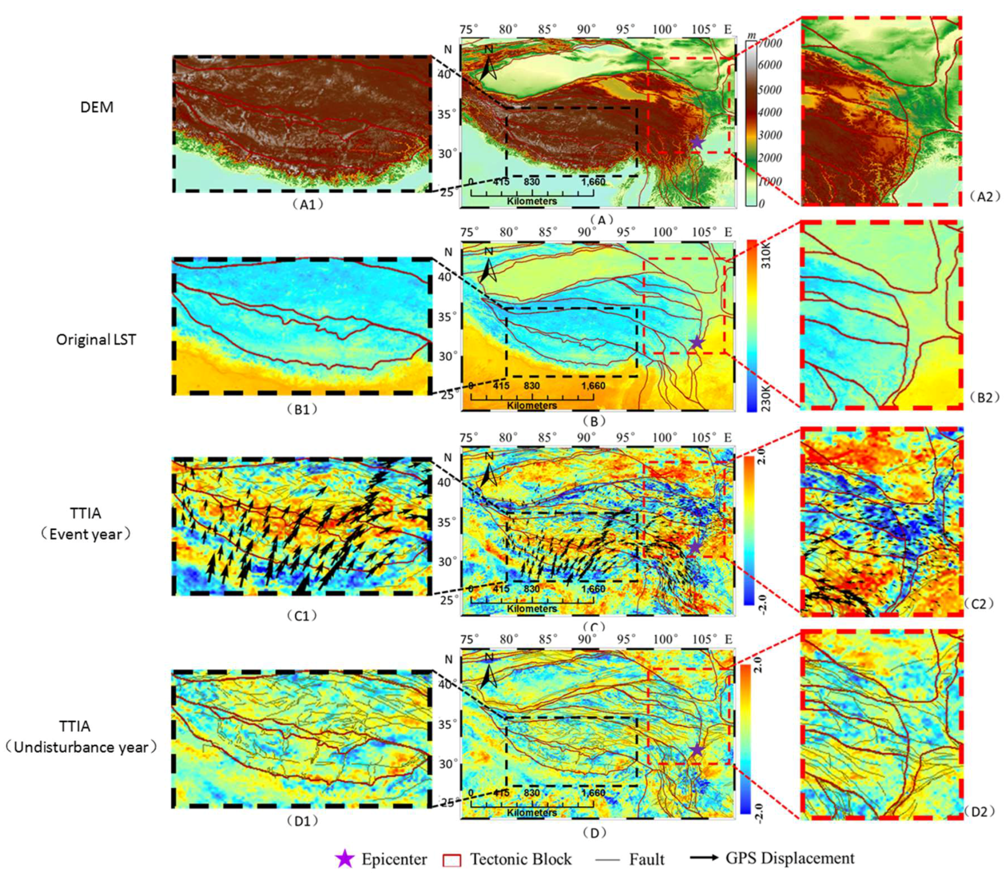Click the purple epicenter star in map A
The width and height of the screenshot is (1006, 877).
696,142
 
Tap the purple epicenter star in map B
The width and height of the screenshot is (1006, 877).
696,343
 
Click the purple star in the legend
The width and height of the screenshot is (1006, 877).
345,859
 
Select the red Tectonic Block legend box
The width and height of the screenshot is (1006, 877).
452,860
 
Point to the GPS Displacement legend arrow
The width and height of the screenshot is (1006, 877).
704,858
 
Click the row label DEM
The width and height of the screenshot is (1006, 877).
97,107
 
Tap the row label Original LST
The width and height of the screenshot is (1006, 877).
96,340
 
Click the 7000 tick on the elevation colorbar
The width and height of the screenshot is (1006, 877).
770,43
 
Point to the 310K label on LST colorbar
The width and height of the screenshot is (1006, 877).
766,255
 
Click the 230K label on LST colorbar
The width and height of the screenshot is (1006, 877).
766,398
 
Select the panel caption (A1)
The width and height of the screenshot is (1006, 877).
308,204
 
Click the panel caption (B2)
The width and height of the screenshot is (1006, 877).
984,398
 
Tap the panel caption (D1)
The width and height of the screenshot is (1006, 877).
302,821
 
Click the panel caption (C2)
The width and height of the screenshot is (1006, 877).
979,604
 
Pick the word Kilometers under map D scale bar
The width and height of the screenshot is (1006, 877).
532,812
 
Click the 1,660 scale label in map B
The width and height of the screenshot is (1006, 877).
593,386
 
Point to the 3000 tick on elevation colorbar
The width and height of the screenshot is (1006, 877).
770,135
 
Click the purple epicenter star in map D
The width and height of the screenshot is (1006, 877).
696,749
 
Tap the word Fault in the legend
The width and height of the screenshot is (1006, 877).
647,859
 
